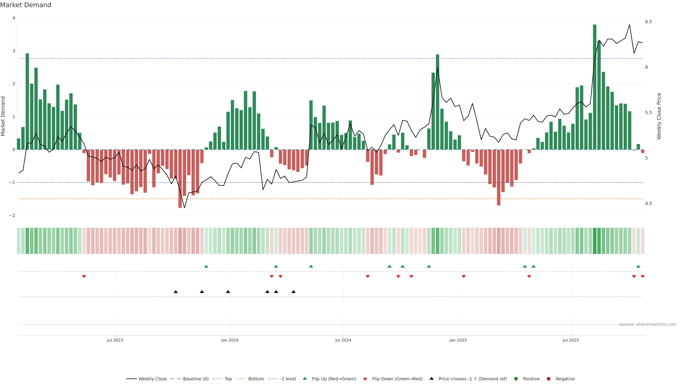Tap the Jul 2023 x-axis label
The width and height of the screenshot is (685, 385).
coord(115,340)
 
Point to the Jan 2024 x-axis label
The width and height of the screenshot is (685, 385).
coord(230,340)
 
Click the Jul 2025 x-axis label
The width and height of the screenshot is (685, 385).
coord(571,340)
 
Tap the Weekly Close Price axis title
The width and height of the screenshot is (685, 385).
coord(659,116)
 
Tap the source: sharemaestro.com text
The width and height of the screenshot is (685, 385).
coord(648,324)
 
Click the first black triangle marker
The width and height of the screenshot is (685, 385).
coord(176,292)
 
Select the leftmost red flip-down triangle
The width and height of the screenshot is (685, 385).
coord(84,277)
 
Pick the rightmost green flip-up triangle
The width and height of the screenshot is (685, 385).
coord(638,266)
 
